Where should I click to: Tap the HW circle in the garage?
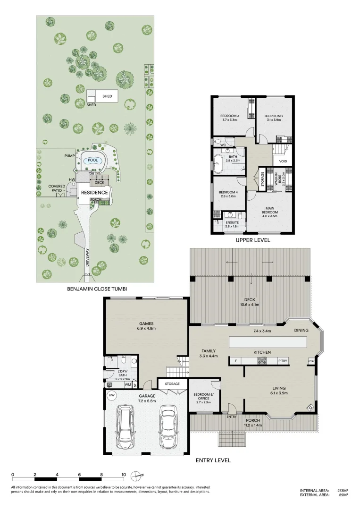tap(112, 395)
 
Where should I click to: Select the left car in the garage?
tap(126, 428)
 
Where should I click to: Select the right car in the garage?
tap(169, 427)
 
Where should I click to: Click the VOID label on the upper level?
tap(283, 161)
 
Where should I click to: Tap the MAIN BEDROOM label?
tap(270, 210)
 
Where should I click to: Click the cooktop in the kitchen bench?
tap(262, 361)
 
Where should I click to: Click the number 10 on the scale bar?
tap(123, 475)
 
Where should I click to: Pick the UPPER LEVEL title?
tap(253, 240)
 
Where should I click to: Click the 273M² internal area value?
tap(342, 491)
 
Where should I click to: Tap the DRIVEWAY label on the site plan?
tap(87, 257)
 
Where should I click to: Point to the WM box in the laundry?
tap(127, 385)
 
